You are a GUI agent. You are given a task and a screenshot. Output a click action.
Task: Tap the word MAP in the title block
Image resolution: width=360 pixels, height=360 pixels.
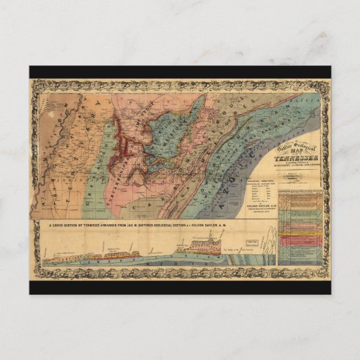(296, 149)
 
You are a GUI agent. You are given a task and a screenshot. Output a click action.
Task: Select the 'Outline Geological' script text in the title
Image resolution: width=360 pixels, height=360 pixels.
(296, 143)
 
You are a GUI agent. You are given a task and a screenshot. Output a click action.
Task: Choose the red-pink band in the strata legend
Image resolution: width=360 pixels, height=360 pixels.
(299, 240)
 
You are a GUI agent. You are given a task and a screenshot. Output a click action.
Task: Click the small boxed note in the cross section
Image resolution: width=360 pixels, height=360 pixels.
(253, 243)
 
